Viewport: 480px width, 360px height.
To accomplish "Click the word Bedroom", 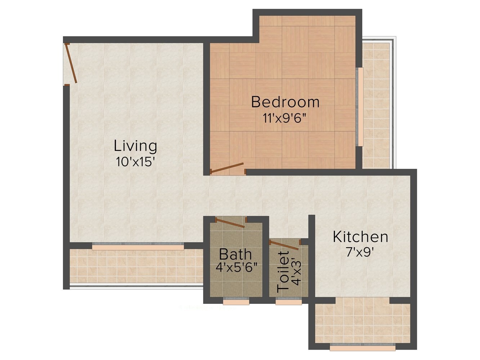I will [285, 102].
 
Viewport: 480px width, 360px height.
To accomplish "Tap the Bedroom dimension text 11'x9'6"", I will [285, 118].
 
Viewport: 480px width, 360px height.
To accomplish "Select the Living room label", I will [135, 146].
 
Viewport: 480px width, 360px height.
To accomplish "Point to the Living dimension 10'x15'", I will [135, 162].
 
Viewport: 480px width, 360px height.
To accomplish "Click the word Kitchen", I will [360, 237].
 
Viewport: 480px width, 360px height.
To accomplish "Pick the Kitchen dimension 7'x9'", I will [360, 252].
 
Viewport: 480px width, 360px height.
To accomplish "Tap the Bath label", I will [235, 254].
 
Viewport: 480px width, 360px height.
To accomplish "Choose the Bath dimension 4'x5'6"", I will [235, 267].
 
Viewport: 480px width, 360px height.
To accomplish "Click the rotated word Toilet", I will [284, 272].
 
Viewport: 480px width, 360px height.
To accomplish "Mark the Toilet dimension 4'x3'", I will [296, 272].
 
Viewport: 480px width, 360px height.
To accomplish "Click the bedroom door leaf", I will [227, 168].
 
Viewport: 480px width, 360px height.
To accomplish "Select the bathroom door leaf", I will [230, 222].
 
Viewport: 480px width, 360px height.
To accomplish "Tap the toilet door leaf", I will [284, 246].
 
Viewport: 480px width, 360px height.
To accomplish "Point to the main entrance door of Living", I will [71, 63].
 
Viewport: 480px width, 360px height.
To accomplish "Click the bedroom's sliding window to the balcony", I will [360, 107].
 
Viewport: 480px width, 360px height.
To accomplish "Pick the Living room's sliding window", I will [138, 247].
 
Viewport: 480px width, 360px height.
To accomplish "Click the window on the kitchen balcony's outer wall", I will [363, 347].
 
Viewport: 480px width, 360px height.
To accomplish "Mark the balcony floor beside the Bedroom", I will [376, 104].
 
